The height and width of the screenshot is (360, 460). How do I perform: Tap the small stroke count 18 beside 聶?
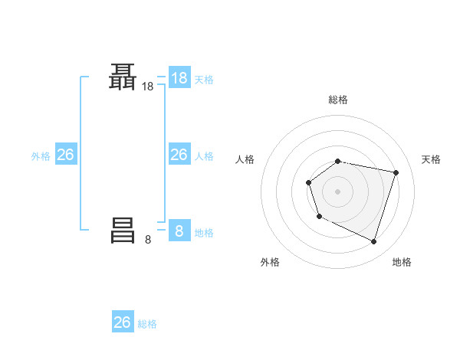148,88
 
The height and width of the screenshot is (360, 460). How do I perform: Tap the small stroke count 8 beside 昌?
148,240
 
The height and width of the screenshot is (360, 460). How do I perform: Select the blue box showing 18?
179,78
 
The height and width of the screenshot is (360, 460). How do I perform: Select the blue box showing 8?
179,231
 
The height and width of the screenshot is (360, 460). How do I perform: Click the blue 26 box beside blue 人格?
179,155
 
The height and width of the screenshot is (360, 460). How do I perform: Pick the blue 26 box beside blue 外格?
66,155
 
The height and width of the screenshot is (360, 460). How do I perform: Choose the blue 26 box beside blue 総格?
123,322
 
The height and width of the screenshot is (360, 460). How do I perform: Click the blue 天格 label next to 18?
204,79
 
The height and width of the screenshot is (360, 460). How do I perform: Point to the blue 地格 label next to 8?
204,232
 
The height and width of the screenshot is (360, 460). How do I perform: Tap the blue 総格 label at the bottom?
147,324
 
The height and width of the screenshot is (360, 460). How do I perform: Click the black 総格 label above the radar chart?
338,100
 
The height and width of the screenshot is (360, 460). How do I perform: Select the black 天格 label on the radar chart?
432,159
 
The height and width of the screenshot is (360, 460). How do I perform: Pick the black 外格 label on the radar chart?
270,262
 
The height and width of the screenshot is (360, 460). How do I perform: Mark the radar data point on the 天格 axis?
396,172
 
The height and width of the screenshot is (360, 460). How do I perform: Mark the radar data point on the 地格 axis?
374,242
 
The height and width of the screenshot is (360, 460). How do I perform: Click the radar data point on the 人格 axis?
308,182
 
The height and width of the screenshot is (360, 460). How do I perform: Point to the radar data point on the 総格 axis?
338,161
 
